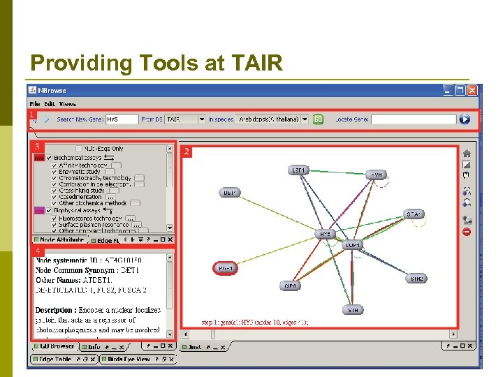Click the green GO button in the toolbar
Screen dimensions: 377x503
[318, 119]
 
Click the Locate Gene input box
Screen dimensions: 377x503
[414, 119]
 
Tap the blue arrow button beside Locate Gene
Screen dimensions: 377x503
[465, 119]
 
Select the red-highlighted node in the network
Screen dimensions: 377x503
[226, 268]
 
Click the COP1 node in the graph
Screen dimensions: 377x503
[353, 246]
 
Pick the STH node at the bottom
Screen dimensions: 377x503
[352, 309]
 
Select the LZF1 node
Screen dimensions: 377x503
[299, 170]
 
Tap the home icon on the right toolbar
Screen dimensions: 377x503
[467, 154]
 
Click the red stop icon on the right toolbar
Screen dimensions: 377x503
[467, 232]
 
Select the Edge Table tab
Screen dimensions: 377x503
[56, 359]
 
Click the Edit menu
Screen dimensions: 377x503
[50, 104]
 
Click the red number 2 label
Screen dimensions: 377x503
[187, 151]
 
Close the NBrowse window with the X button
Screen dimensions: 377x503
[473, 90]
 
